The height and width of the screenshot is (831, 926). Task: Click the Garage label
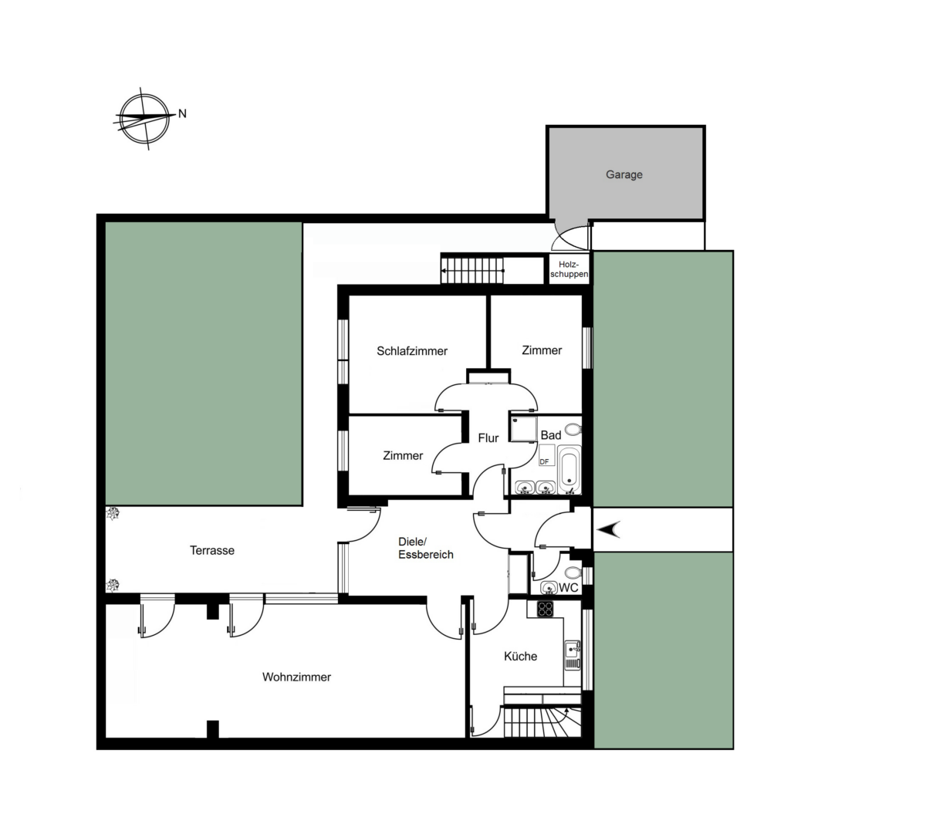click(x=624, y=174)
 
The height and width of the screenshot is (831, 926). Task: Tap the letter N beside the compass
click(x=182, y=114)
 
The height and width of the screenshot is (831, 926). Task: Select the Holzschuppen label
click(x=569, y=269)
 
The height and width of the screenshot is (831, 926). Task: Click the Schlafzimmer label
click(x=412, y=351)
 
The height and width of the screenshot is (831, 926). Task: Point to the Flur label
click(x=488, y=438)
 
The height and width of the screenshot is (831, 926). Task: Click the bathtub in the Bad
click(x=569, y=469)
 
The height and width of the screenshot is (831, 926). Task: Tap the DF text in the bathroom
click(x=544, y=461)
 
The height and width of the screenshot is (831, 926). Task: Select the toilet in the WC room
click(x=573, y=573)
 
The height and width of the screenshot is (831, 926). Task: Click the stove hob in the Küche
click(x=544, y=608)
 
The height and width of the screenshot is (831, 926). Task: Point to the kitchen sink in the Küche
click(x=573, y=655)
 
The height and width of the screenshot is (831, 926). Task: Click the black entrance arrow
click(x=609, y=529)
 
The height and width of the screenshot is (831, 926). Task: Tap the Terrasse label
click(x=212, y=550)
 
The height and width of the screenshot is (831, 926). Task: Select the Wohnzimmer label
click(x=296, y=677)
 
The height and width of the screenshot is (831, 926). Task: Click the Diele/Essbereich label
click(x=425, y=548)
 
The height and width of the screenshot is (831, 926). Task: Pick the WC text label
click(x=569, y=588)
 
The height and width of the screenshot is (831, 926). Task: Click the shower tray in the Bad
click(x=523, y=429)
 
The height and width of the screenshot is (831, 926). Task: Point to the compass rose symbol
click(x=144, y=118)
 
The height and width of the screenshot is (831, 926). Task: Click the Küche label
click(x=520, y=657)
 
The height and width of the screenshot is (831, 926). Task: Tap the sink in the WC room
click(x=549, y=587)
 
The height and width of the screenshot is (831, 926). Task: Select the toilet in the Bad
click(x=573, y=430)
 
